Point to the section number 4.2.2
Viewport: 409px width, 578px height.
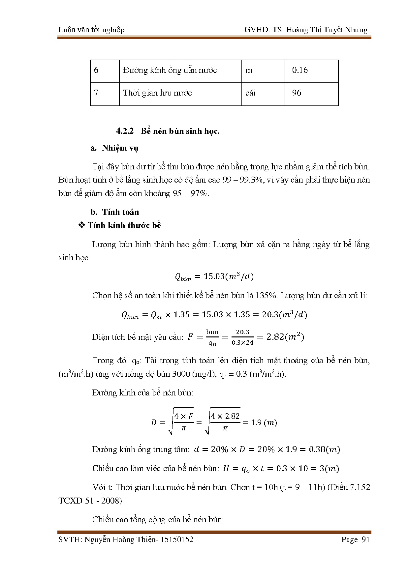click(x=125, y=131)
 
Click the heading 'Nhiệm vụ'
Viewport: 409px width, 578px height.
click(x=120, y=148)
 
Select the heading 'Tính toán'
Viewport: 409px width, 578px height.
click(x=120, y=212)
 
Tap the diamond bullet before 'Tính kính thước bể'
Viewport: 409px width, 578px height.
click(x=81, y=225)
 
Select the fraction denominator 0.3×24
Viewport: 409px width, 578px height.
click(x=242, y=343)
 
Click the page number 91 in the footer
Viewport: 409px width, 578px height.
click(x=366, y=539)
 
